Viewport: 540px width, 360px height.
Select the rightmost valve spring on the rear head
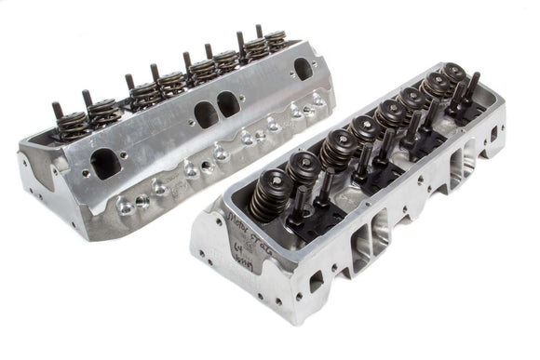click(276, 38)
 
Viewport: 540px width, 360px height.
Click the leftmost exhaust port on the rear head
click(104, 164)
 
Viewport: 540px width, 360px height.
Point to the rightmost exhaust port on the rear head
click(304, 69)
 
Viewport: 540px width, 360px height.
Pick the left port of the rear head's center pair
click(204, 114)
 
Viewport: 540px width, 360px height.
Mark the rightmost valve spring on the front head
click(454, 73)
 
